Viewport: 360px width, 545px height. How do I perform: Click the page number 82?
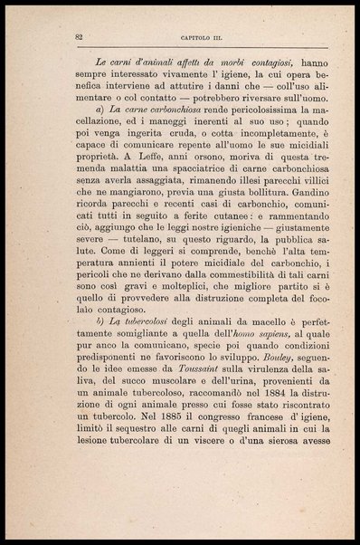(80, 36)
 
